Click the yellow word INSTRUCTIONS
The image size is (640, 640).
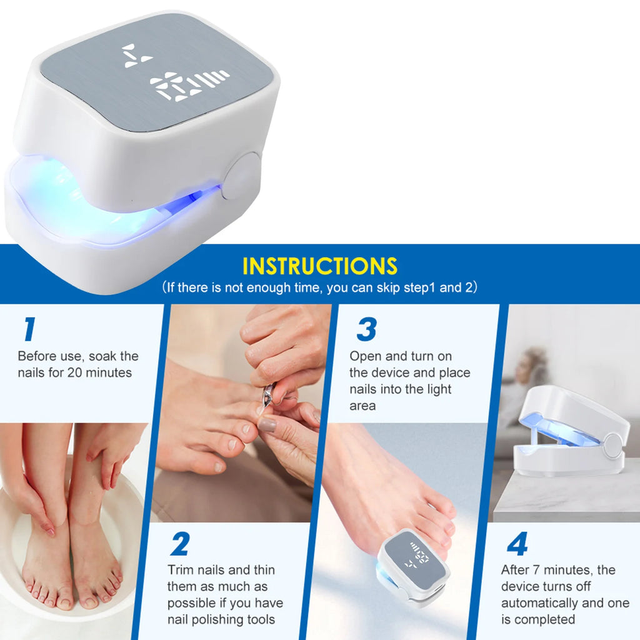click(x=319, y=266)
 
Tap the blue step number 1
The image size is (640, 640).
click(x=29, y=329)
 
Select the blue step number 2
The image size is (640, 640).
click(x=179, y=544)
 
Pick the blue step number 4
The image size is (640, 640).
click(x=517, y=544)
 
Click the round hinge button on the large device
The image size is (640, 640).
click(x=242, y=176)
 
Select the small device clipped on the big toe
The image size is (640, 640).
click(x=414, y=566)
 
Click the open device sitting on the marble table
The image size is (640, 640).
click(x=570, y=431)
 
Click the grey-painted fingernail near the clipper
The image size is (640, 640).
click(x=267, y=425)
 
